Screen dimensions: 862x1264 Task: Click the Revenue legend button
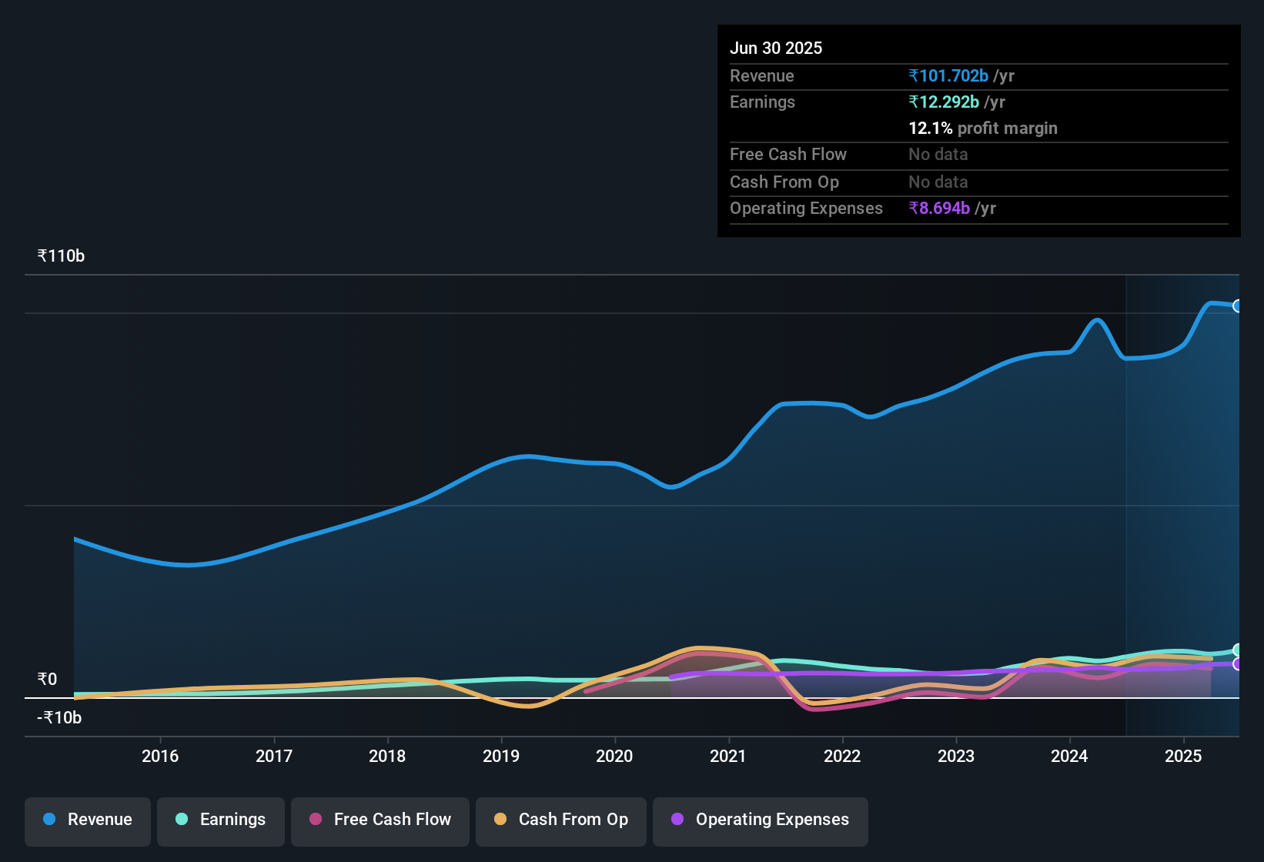pos(88,820)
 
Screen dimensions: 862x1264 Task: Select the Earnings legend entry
pos(221,820)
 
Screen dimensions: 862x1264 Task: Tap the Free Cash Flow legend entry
pos(380,820)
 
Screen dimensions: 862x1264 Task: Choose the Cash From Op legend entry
pos(561,820)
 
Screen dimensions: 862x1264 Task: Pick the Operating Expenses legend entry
pos(761,820)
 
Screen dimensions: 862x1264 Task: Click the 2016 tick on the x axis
pos(160,756)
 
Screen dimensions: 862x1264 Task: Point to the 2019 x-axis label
pos(501,756)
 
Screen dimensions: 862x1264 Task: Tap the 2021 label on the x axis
pos(728,756)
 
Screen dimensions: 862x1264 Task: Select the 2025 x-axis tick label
pos(1183,756)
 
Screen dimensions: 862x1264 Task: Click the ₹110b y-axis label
pos(61,256)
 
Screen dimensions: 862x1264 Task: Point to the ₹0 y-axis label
pos(47,679)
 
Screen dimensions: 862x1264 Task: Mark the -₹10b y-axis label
pos(59,717)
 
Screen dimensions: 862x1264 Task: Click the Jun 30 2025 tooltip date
pos(776,48)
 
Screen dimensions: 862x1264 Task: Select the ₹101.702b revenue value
pos(948,75)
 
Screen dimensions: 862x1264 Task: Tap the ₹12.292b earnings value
pos(944,102)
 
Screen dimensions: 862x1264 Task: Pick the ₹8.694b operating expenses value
pos(939,208)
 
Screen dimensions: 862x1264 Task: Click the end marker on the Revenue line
pos(1237,306)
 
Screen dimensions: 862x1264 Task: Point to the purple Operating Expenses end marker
pos(1237,663)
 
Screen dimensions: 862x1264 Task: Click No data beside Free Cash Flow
pos(938,154)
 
